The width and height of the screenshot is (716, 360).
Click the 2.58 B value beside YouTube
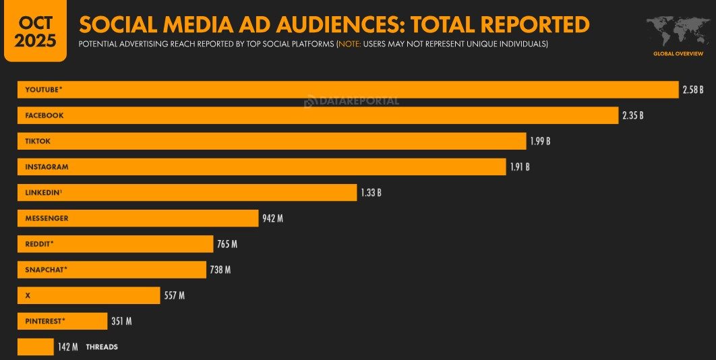pos(693,90)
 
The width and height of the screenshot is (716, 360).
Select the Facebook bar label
pos(44,115)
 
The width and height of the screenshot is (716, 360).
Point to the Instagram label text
pos(47,167)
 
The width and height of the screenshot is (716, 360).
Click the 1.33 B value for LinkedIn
pos(371,192)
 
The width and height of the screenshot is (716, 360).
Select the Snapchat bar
pos(111,270)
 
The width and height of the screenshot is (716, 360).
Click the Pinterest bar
pos(62,321)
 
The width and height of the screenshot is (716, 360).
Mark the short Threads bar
pos(35,347)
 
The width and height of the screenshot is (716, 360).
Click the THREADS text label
pos(102,347)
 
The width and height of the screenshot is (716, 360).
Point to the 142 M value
pos(67,347)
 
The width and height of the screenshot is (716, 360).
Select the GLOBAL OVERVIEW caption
pos(678,53)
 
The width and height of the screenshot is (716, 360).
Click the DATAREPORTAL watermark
pos(352,101)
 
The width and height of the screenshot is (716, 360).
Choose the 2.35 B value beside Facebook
pos(632,115)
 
